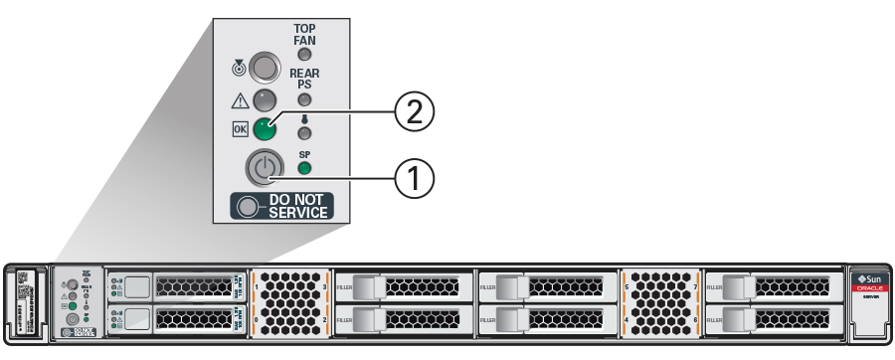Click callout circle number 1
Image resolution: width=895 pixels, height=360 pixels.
[x=415, y=179]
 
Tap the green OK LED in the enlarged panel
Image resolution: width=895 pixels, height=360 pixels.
[x=264, y=130]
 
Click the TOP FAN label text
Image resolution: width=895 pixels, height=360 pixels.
[x=304, y=34]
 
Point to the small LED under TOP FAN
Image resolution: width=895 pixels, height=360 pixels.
[x=304, y=55]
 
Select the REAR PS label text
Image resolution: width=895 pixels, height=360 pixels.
[x=304, y=80]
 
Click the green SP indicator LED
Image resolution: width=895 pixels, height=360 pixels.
[x=304, y=168]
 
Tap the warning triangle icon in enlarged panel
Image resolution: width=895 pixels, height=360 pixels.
[x=238, y=100]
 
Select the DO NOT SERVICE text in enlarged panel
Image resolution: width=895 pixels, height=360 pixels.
[x=297, y=206]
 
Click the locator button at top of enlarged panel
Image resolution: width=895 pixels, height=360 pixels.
[x=264, y=68]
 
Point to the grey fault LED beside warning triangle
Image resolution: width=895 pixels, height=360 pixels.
[x=264, y=100]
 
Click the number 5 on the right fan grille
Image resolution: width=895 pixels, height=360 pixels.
[x=626, y=286]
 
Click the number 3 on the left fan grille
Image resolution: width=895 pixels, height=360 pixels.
[x=327, y=286]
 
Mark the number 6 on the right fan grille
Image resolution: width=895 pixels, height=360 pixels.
[x=693, y=321]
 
